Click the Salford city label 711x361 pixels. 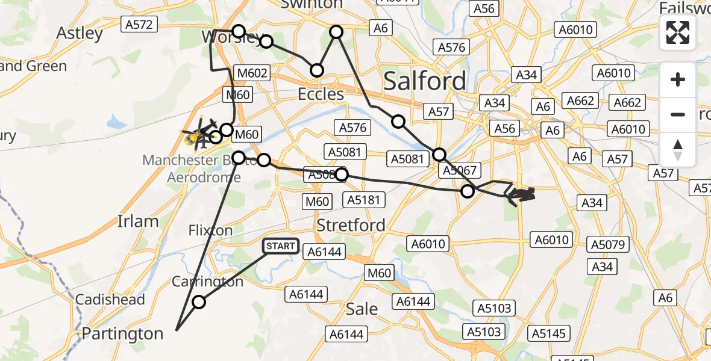point(425,81)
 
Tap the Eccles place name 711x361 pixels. point(321,94)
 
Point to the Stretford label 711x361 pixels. point(351,226)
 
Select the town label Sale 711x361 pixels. point(362,309)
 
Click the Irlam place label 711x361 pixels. point(138,221)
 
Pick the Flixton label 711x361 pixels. point(210,230)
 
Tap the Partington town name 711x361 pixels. point(122,333)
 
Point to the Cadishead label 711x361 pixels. point(110,300)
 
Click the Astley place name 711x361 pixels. point(80,33)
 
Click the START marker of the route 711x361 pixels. point(281,246)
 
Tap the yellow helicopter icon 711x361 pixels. point(198,135)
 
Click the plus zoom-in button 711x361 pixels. point(678,79)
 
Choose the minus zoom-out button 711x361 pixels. point(678,114)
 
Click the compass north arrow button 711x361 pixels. point(678,149)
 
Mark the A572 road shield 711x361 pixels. point(139,24)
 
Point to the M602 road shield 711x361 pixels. point(252,73)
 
